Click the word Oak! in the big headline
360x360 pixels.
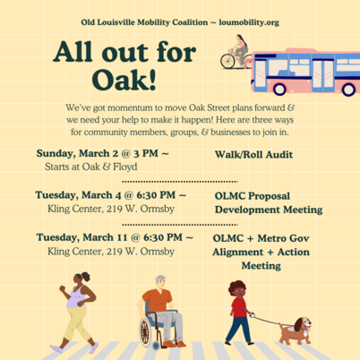tap(106, 79)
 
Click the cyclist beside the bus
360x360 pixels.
tap(236, 53)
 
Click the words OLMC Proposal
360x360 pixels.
tap(255, 195)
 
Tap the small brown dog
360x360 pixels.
tap(294, 331)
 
